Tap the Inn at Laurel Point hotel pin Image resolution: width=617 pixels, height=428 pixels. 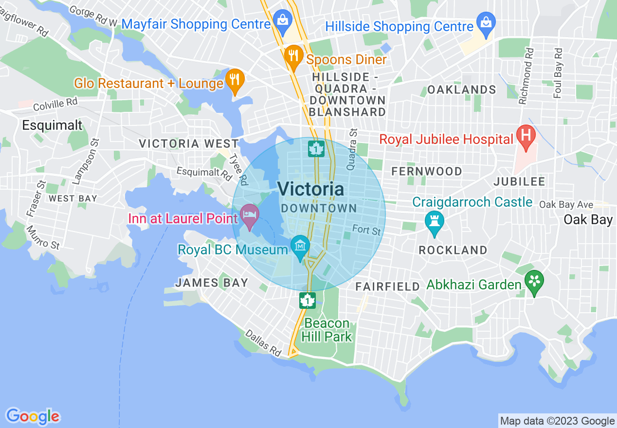249,215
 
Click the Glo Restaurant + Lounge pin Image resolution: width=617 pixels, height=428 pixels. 235,80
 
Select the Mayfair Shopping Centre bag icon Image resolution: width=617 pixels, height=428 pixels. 282,21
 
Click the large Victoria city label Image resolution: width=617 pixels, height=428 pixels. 311,189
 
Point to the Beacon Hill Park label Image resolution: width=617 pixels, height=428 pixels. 327,330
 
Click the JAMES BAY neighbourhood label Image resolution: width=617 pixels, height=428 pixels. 212,283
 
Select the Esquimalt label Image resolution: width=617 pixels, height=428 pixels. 52,125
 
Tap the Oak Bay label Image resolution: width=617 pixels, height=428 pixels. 588,220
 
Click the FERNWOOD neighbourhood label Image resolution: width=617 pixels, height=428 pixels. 427,171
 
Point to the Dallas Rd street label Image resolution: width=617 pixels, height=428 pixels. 263,342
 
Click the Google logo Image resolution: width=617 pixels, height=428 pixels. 33,416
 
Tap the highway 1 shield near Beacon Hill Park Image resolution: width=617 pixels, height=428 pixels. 307,300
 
